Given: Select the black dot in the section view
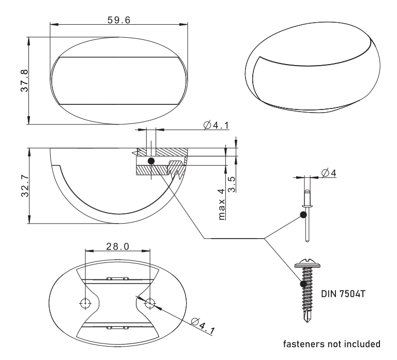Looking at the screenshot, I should click(x=151, y=161).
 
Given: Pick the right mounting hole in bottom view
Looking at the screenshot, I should click(x=150, y=303).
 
